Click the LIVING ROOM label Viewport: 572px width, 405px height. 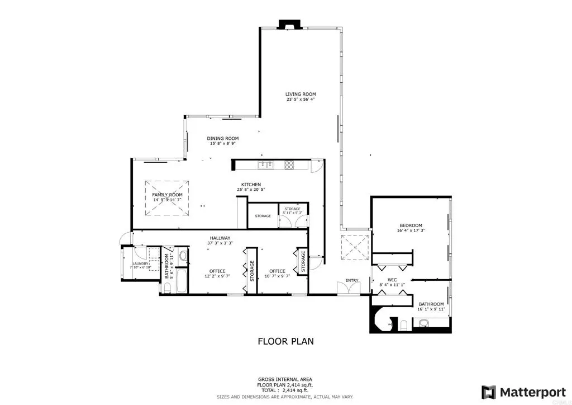click(301, 97)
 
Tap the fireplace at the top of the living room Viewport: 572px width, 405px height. click(289, 25)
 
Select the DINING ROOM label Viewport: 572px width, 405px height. click(223, 141)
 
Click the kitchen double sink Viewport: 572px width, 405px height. click(264, 164)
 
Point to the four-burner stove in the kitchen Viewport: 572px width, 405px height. click(290, 164)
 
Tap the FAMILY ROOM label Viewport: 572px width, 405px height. click(168, 197)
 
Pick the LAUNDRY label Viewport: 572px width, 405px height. click(140, 265)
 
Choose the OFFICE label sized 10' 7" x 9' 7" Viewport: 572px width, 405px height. click(278, 274)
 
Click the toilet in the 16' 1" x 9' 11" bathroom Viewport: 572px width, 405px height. click(403, 325)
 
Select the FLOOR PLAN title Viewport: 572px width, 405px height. click(285, 341)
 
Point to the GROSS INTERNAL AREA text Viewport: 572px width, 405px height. click(285, 379)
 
